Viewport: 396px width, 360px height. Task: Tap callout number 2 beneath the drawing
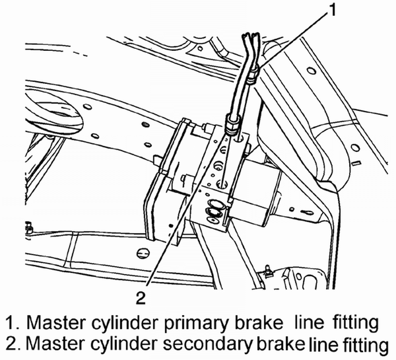pyautogui.click(x=141, y=297)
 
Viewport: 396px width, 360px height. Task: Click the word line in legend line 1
pyautogui.click(x=310, y=322)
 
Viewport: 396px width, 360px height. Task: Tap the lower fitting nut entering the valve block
pyautogui.click(x=231, y=124)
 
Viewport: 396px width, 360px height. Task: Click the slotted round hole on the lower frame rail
pyautogui.click(x=142, y=253)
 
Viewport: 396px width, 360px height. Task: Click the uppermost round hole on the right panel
pyautogui.click(x=312, y=71)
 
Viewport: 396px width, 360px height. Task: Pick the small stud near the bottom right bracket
pyautogui.click(x=267, y=270)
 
